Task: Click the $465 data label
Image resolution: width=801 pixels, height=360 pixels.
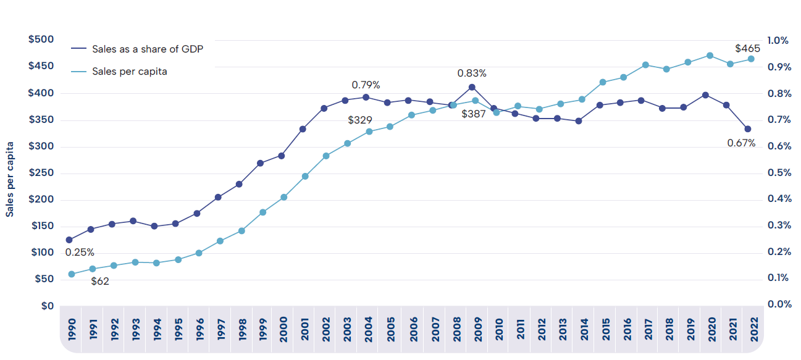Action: pyautogui.click(x=747, y=48)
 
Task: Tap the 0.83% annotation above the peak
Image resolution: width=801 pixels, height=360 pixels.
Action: pyautogui.click(x=472, y=73)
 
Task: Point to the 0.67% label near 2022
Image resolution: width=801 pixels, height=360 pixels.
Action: pyautogui.click(x=741, y=143)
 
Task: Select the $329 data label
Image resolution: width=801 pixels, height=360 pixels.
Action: pyautogui.click(x=360, y=120)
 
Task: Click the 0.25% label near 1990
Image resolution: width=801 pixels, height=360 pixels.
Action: pyautogui.click(x=80, y=252)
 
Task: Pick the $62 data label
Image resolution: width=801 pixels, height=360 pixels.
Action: pyautogui.click(x=100, y=282)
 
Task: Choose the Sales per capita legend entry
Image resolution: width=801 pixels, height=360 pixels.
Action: pyautogui.click(x=130, y=72)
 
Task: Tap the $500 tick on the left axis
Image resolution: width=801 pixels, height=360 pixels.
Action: pyautogui.click(x=41, y=40)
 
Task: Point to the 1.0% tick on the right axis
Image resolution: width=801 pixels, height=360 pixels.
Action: pyautogui.click(x=778, y=40)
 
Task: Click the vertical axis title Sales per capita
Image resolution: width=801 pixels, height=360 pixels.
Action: pyautogui.click(x=10, y=178)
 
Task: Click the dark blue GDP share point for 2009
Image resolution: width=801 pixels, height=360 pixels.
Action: pyautogui.click(x=472, y=87)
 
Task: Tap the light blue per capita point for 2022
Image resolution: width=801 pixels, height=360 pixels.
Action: pyautogui.click(x=751, y=59)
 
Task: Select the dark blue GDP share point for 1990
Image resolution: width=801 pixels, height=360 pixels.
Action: pyautogui.click(x=69, y=240)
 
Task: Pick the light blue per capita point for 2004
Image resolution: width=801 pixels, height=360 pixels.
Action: pyautogui.click(x=369, y=132)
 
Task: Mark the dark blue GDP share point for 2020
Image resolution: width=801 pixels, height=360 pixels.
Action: pyautogui.click(x=705, y=95)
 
